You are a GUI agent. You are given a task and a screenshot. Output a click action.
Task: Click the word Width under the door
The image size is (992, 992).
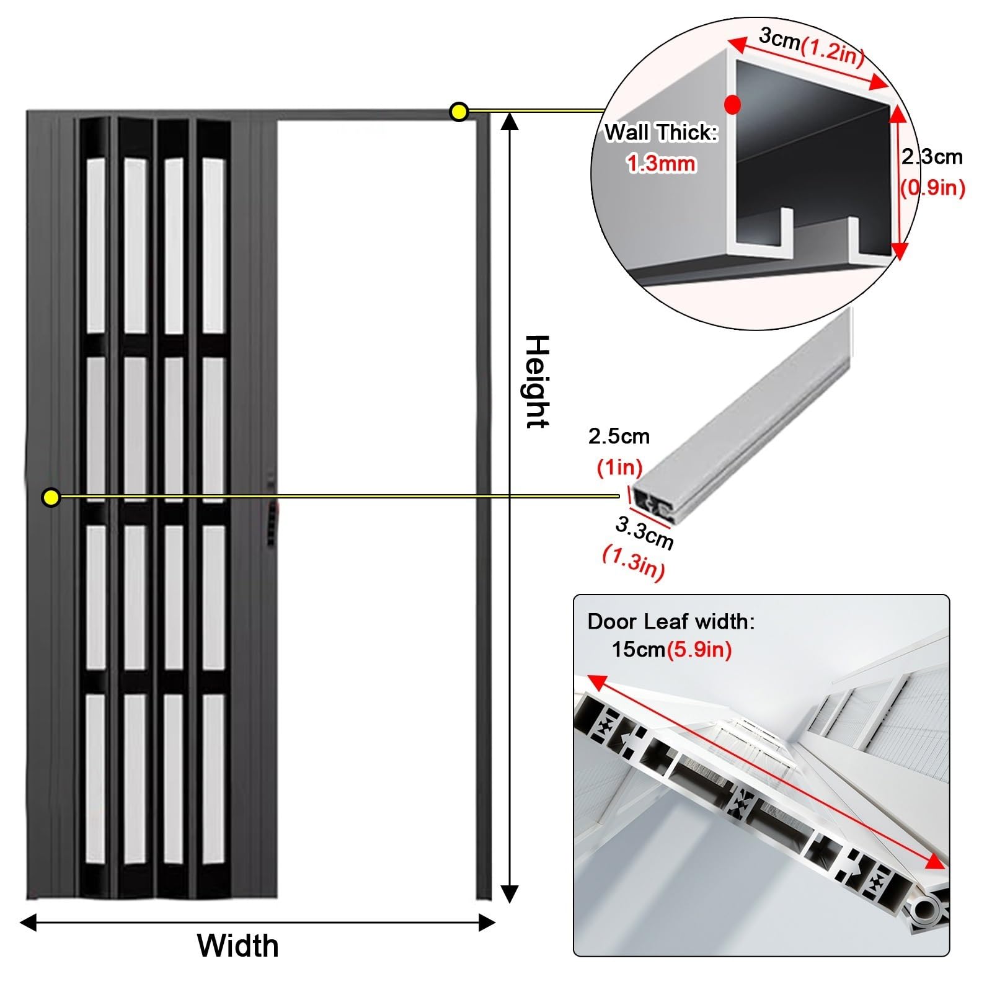coord(238,946)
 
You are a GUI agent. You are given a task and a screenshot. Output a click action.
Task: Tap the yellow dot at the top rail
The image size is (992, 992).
coord(459,112)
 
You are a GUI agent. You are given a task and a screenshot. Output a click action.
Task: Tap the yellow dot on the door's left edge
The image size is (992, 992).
coord(51,497)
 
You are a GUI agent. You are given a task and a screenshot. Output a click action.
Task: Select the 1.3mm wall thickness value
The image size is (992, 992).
coord(661,164)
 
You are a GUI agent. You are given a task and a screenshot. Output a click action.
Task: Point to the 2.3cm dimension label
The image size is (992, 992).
coord(932,157)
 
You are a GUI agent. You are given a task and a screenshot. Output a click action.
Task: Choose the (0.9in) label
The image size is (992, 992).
coord(932,187)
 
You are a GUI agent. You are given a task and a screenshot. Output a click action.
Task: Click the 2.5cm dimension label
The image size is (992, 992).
coord(619,436)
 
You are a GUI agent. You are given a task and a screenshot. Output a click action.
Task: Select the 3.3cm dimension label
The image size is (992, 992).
coord(644,533)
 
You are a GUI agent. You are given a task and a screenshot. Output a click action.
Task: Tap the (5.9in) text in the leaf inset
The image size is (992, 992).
coord(699,650)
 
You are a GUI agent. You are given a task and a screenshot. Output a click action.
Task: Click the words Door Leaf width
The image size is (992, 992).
coord(671,621)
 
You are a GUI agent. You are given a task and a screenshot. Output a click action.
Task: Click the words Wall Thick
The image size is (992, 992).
coord(661,133)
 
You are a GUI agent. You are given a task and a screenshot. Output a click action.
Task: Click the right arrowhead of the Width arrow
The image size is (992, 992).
coord(488,923)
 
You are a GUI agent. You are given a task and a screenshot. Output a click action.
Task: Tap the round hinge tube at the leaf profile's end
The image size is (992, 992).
coord(926,910)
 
